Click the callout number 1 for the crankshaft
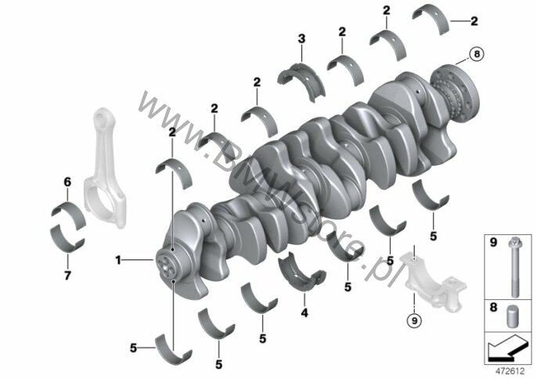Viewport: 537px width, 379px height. (118, 260)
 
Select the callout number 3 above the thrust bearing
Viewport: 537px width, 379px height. (301, 38)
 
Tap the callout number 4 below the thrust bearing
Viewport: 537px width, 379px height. (304, 312)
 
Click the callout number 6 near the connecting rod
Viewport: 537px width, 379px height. (67, 182)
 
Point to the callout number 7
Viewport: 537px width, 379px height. (67, 275)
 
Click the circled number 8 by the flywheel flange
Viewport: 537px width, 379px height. (477, 54)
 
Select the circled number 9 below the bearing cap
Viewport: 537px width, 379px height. (414, 321)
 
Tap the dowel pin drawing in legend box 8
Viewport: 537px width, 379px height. (512, 316)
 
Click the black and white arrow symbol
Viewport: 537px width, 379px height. (507, 348)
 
